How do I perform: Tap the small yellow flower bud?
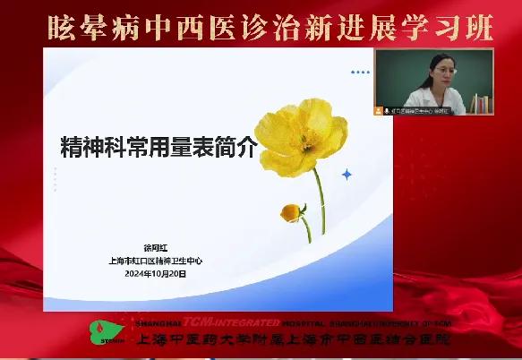(290, 212)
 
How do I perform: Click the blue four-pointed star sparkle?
(347, 175)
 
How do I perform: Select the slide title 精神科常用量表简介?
(158, 146)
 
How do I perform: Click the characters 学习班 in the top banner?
(456, 27)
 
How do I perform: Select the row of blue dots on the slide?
(360, 72)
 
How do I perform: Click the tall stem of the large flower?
(320, 197)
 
